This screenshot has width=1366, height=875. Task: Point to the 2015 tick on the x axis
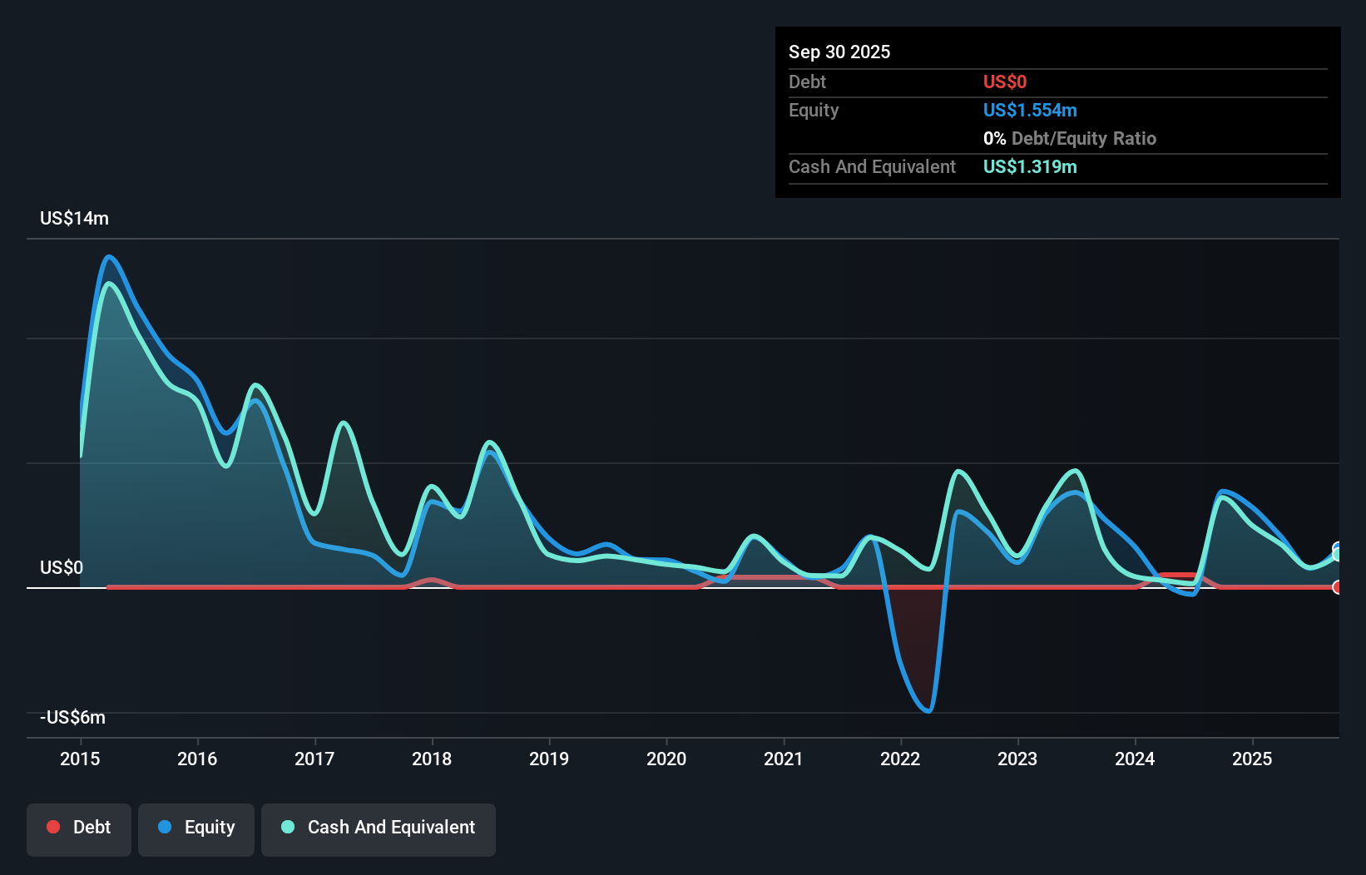pyautogui.click(x=80, y=759)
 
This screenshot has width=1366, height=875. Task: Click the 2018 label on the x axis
pyautogui.click(x=432, y=759)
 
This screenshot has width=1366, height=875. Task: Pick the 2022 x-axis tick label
pyautogui.click(x=900, y=759)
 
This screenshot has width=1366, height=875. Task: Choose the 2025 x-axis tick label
pyautogui.click(x=1252, y=759)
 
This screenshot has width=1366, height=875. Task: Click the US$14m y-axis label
pyautogui.click(x=74, y=218)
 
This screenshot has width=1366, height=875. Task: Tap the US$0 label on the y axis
pyautogui.click(x=62, y=567)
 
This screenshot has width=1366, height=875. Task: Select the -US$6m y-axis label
pyautogui.click(x=73, y=717)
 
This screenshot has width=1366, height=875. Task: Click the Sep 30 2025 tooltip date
pyautogui.click(x=839, y=52)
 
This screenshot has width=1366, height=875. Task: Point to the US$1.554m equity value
pyautogui.click(x=1029, y=110)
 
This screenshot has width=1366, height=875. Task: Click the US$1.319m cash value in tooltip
pyautogui.click(x=1029, y=166)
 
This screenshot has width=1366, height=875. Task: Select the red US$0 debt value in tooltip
pyautogui.click(x=1004, y=82)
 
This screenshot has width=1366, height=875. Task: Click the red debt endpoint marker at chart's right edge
pyautogui.click(x=1337, y=587)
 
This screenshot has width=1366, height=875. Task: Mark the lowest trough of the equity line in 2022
pyautogui.click(x=928, y=711)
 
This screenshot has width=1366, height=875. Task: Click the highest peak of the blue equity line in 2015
pyautogui.click(x=109, y=257)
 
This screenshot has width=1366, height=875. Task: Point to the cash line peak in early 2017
pyautogui.click(x=344, y=423)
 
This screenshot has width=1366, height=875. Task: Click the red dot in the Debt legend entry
pyautogui.click(x=53, y=827)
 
